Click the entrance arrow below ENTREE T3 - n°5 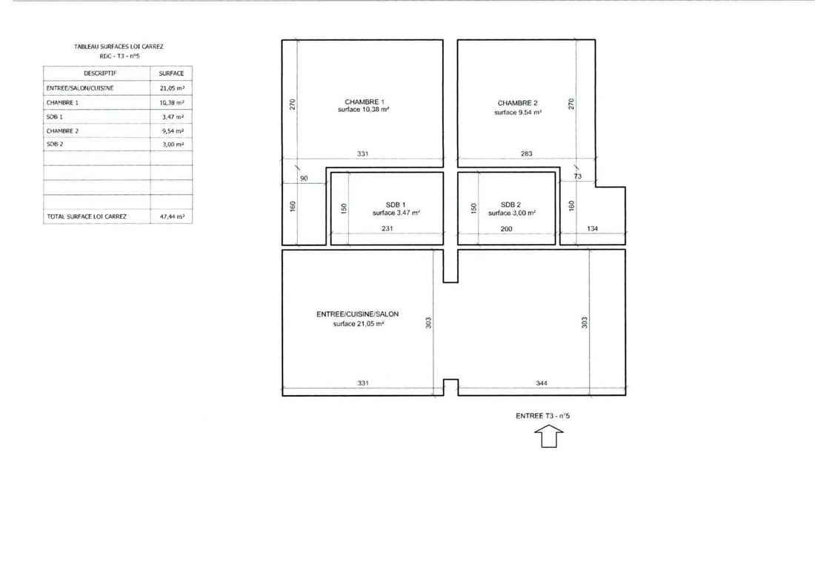549,436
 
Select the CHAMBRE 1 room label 365,102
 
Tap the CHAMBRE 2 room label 518,103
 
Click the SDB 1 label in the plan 396,205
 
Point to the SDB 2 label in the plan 510,205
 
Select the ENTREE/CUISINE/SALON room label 358,314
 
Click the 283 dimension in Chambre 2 527,153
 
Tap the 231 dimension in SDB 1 387,228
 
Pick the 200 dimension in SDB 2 506,229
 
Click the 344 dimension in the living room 542,383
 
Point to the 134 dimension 593,228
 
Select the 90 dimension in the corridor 304,179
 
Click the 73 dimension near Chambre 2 578,176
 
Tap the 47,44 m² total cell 173,216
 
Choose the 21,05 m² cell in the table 172,88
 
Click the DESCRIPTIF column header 100,73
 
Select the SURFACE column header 172,73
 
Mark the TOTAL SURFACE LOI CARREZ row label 87,216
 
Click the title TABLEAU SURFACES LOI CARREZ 119,46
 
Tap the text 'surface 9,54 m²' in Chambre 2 518,112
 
